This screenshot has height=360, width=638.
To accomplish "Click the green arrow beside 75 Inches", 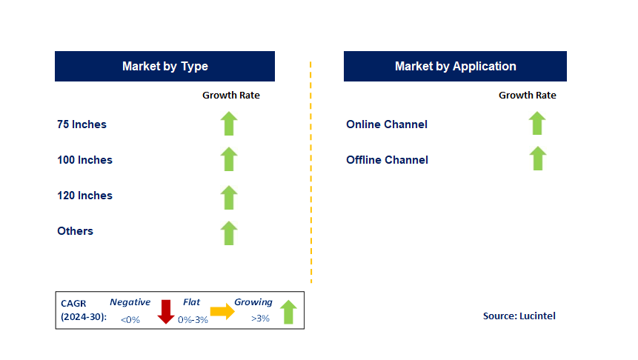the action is [x=229, y=124].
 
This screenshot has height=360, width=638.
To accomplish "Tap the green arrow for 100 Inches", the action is [x=229, y=159].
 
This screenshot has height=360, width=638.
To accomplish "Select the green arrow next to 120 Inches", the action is [x=229, y=198].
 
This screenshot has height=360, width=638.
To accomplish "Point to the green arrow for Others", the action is [x=229, y=233].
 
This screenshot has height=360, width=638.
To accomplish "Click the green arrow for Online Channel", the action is [x=537, y=123].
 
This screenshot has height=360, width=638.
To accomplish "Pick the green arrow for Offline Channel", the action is [x=538, y=159].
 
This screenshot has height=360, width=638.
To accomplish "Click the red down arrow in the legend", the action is [x=166, y=312].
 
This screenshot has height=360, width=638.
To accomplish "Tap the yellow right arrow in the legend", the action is [x=222, y=312].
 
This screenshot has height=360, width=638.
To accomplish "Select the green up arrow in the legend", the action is [x=288, y=312].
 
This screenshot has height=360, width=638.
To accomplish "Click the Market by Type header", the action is [x=165, y=67].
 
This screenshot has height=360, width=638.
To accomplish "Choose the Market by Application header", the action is [x=455, y=67].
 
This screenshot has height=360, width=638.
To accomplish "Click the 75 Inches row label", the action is [x=82, y=124].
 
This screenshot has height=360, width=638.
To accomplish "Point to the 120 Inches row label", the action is [x=84, y=196].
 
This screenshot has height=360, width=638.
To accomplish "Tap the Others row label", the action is [x=76, y=231].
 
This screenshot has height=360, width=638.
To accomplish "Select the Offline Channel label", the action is [x=387, y=160].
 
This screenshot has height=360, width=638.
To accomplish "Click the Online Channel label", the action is [x=387, y=124].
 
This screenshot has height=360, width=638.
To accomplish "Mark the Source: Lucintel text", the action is [x=519, y=316].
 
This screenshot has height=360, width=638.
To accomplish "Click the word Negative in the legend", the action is [x=130, y=302].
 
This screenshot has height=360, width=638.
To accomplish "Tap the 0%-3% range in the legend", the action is [x=193, y=320].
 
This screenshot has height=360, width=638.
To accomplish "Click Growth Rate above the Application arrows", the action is [x=528, y=96].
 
